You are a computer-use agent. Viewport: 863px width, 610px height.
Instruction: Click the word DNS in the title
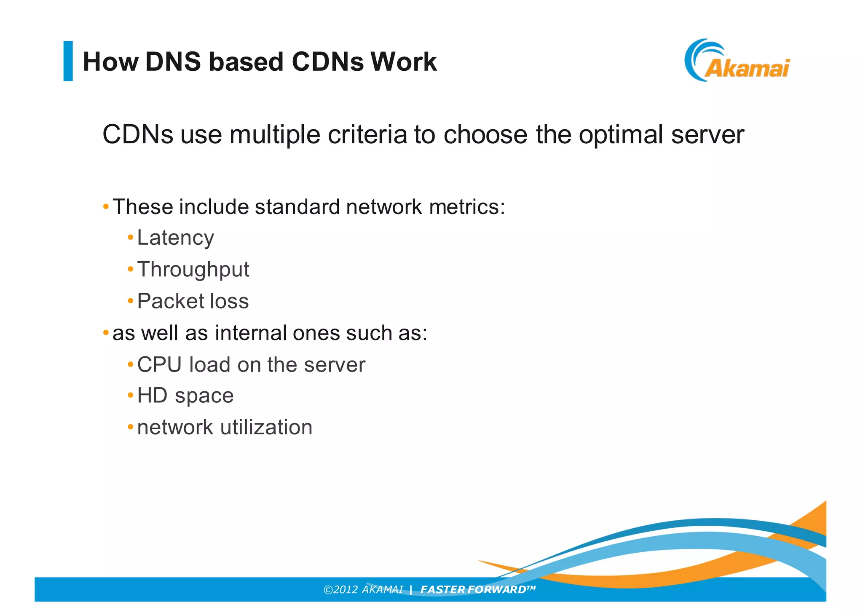coord(173,62)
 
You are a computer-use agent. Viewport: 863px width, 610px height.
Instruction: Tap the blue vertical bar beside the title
coord(68,61)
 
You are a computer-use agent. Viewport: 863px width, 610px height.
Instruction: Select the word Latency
coord(175,238)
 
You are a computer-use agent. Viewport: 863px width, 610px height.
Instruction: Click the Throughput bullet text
coord(193,270)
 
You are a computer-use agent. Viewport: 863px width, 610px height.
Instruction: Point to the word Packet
coord(169,301)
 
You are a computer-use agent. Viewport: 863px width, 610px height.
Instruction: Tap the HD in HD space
coord(152,396)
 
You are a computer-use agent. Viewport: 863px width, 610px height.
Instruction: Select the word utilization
coord(266,428)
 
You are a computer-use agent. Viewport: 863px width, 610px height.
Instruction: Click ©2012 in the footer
coord(340,590)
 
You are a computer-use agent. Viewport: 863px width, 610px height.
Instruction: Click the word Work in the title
coord(403,62)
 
